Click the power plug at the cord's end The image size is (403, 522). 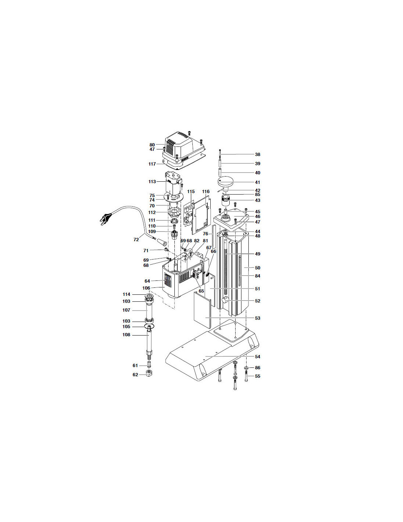tap(106, 218)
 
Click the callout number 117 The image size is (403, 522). tap(152, 164)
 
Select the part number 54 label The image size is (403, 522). tap(258, 356)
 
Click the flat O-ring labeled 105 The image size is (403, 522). tap(149, 326)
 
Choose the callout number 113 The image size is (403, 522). tap(152, 182)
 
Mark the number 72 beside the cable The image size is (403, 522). tap(136, 239)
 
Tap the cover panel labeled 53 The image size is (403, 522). tap(202, 310)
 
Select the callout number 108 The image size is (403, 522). tap(126, 335)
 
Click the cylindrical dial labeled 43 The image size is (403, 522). tap(225, 200)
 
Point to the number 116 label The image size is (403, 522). tap(206, 192)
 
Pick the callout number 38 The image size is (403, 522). tap(258, 155)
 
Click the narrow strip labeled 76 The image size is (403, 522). tap(214, 237)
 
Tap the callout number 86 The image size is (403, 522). tap(258, 367)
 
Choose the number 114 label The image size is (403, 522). tap(126, 294)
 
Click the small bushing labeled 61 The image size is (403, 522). tap(149, 364)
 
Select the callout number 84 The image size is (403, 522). tap(258, 276)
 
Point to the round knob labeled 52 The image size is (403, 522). tap(225, 300)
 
